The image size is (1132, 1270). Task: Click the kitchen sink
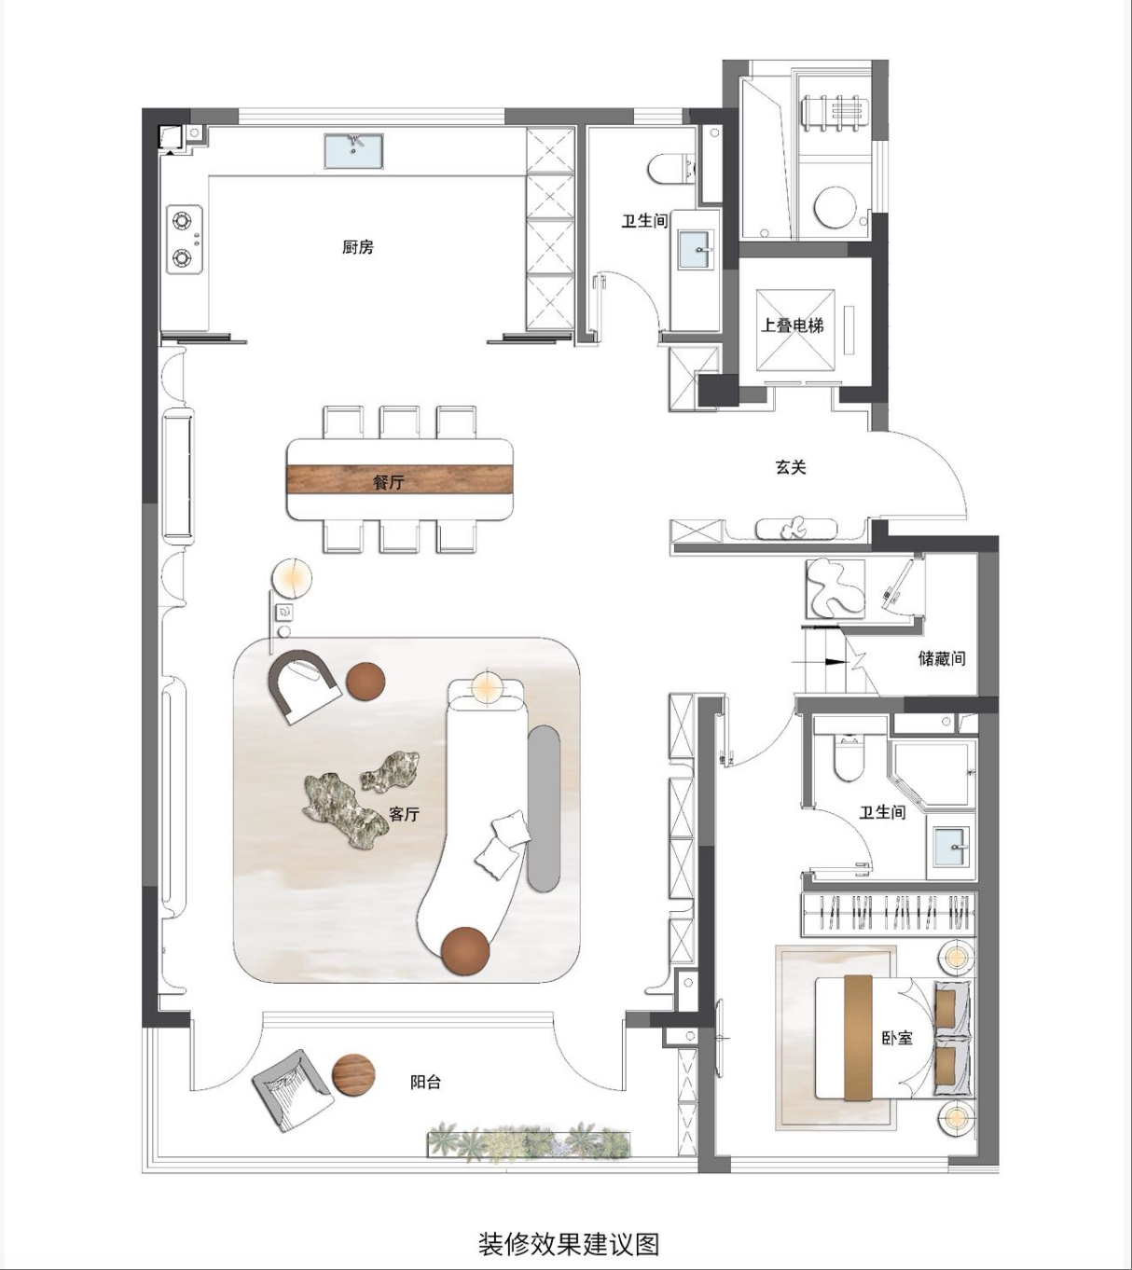353,150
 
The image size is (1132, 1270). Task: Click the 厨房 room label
358,247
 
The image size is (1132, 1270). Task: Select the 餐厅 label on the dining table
389,482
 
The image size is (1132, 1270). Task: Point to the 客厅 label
405,814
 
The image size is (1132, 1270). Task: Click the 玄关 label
791,467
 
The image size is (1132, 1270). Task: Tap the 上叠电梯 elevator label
793,325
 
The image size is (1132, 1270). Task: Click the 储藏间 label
942,658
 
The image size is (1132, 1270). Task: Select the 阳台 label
425,1082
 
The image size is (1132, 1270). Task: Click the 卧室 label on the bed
897,1038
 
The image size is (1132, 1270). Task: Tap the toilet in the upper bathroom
671,169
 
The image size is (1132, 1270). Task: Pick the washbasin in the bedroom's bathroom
953,848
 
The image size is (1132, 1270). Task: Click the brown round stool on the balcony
354,1075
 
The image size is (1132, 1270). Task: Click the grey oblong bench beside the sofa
544,808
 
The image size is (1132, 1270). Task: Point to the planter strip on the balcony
530,1142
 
